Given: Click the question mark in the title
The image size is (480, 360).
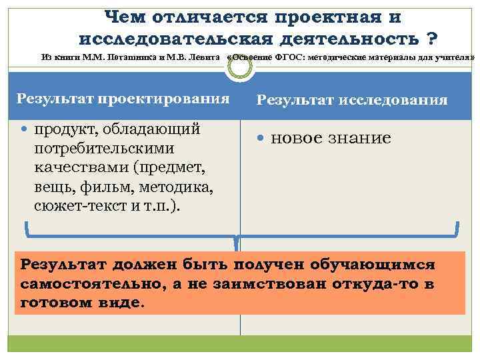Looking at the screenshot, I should (431, 35).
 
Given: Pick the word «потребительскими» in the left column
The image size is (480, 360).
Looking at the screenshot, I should (104, 147).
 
